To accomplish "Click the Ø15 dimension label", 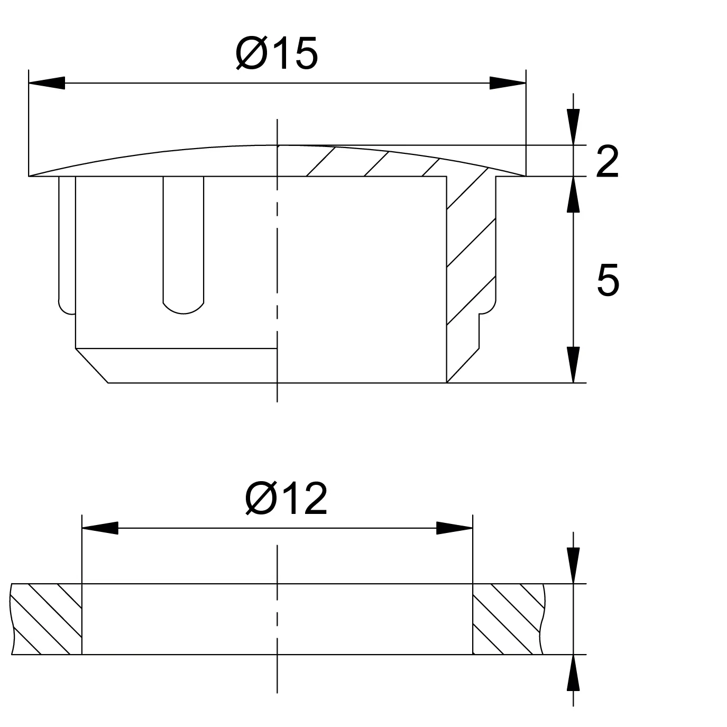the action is click(x=277, y=53).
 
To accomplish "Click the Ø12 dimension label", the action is click(x=286, y=499).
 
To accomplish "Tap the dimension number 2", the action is click(x=608, y=162).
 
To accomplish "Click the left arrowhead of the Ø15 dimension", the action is click(x=47, y=83).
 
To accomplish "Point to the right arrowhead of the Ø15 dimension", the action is click(x=508, y=83).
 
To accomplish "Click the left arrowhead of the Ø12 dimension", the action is click(x=100, y=528).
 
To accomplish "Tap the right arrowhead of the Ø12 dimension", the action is click(x=454, y=528).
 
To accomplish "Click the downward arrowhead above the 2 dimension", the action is click(x=574, y=127).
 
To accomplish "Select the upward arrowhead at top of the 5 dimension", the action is click(x=574, y=195).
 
